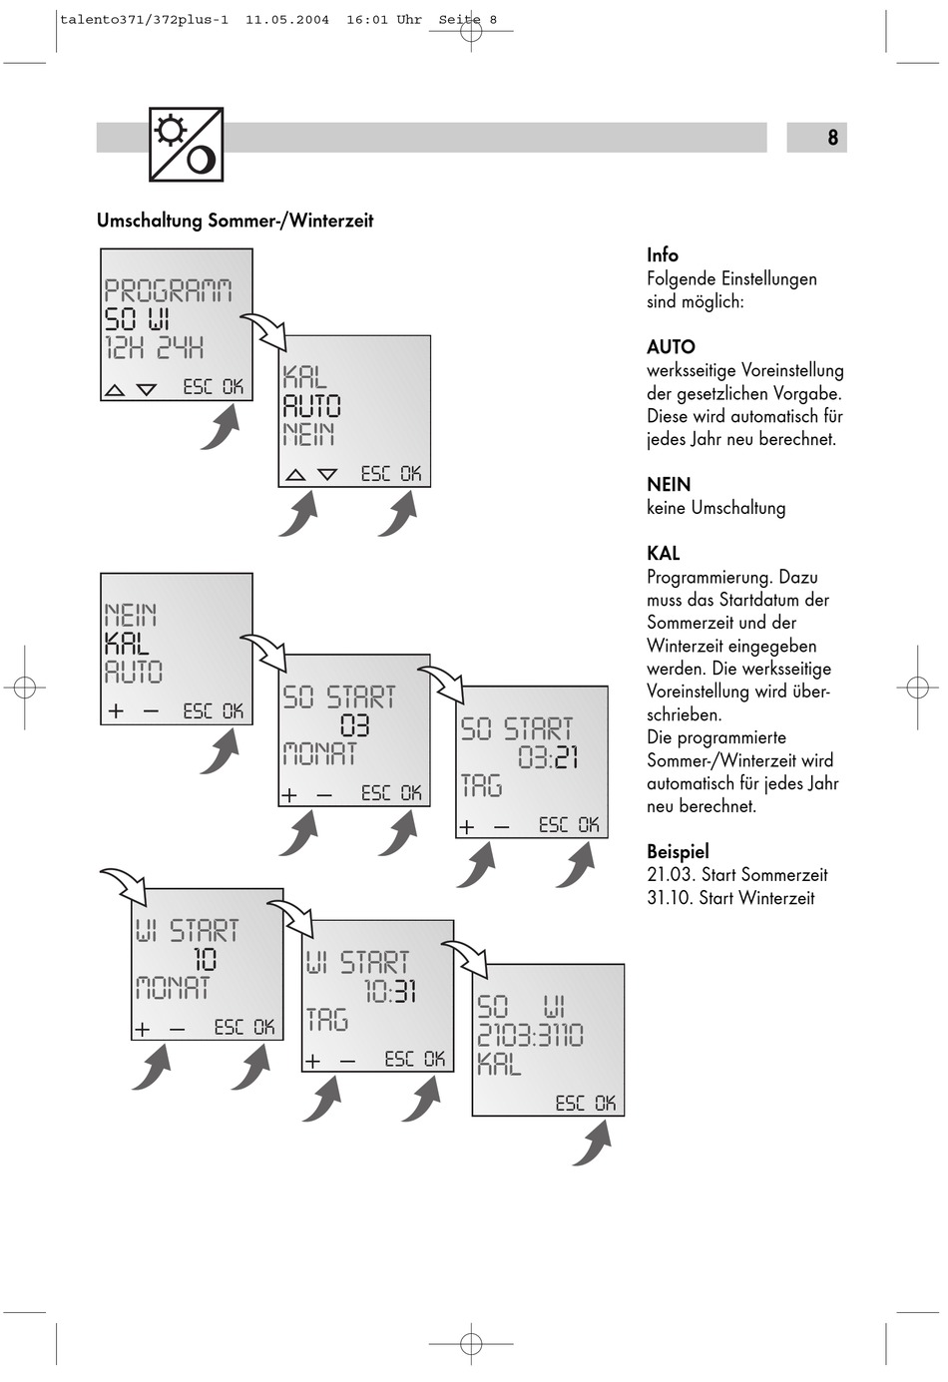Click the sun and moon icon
click(x=186, y=145)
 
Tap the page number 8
click(x=832, y=138)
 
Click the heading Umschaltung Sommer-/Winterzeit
click(x=235, y=221)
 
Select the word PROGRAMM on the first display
click(x=169, y=290)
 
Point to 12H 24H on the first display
click(x=155, y=347)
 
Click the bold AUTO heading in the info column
click(x=671, y=347)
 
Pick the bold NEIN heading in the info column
click(x=669, y=484)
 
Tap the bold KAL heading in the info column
click(x=663, y=553)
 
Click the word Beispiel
click(x=678, y=851)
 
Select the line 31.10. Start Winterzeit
click(x=730, y=898)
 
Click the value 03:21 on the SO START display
click(x=548, y=757)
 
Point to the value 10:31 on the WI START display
click(x=389, y=991)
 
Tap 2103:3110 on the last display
click(x=530, y=1035)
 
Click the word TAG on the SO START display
click(x=481, y=786)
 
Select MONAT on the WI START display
click(x=173, y=988)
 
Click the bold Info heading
click(x=662, y=255)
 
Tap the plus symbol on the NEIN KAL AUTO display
click(x=116, y=711)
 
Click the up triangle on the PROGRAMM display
click(x=115, y=389)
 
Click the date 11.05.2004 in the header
click(x=287, y=19)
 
